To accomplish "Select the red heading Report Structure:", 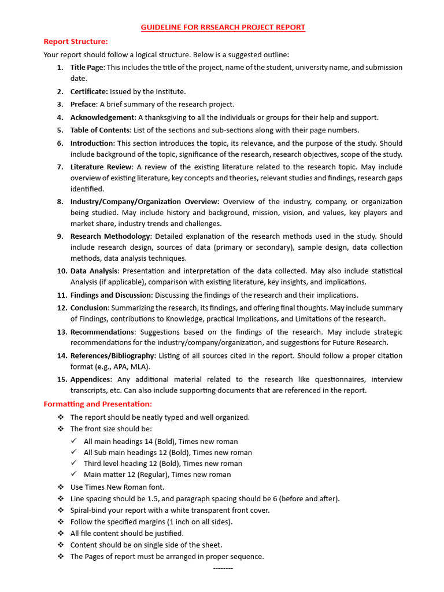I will (76, 41).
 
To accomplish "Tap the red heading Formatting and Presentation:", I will (98, 404).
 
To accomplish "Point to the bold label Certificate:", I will (89, 91).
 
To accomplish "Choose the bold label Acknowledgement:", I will (102, 117).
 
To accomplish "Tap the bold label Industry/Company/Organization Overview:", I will (145, 202).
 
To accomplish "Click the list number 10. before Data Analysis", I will (62, 271).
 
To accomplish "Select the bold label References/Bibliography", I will (112, 356).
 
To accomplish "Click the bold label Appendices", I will (91, 379).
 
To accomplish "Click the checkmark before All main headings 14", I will (73, 441).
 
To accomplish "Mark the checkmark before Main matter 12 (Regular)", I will (73, 474).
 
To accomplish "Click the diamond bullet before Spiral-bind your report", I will (61, 510).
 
